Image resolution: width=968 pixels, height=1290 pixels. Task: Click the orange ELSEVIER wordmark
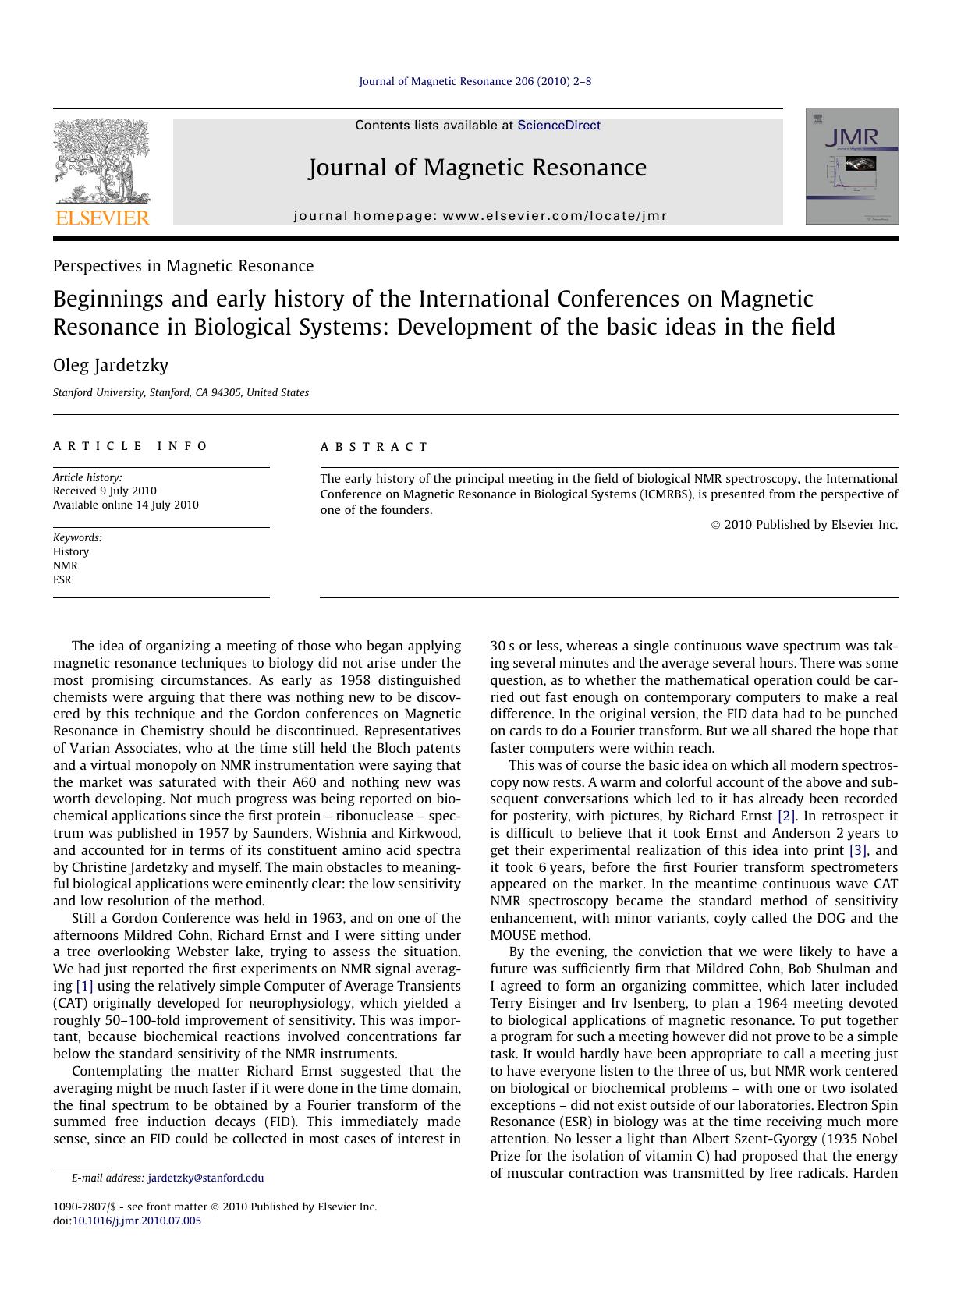pos(102,218)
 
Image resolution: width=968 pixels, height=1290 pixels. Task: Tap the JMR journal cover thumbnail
pos(851,166)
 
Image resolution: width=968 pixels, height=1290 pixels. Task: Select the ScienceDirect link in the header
pos(558,126)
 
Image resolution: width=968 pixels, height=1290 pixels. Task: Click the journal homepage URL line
pos(480,216)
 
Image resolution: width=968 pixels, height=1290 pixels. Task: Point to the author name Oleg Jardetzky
pos(111,365)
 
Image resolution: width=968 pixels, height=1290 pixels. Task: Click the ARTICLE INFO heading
pos(130,446)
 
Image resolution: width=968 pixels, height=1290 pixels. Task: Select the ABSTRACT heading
pos(374,447)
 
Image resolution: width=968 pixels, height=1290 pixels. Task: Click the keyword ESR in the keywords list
pos(62,579)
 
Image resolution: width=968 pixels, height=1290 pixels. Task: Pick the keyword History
pos(71,551)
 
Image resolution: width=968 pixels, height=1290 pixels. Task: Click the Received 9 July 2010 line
pos(105,491)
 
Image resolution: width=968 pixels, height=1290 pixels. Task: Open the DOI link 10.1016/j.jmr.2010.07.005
pos(137,1221)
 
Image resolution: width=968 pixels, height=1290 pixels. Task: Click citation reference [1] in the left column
pos(84,986)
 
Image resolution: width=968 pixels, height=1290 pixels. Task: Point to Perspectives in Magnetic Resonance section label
pos(183,266)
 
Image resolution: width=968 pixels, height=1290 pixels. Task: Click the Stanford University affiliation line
pos(181,393)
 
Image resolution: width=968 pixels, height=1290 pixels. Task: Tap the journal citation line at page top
pos(475,81)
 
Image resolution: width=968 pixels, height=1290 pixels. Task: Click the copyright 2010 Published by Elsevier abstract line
pos(805,525)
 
